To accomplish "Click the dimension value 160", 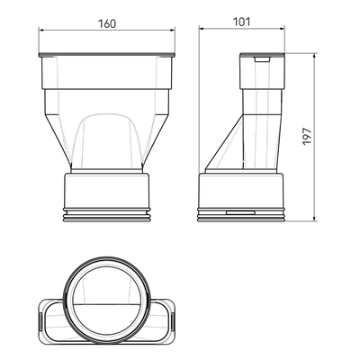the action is point(107,23).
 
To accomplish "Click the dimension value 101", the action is point(241,22).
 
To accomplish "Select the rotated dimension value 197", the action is point(307,137).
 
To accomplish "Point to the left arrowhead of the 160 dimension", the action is point(42,30).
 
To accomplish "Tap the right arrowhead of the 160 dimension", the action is point(172,30).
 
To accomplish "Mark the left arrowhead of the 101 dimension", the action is point(202,29).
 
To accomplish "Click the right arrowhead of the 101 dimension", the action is point(281,29).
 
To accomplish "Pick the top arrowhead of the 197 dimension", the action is point(314,57).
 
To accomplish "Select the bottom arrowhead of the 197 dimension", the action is point(314,218).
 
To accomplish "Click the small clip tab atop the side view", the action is point(262,59).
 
